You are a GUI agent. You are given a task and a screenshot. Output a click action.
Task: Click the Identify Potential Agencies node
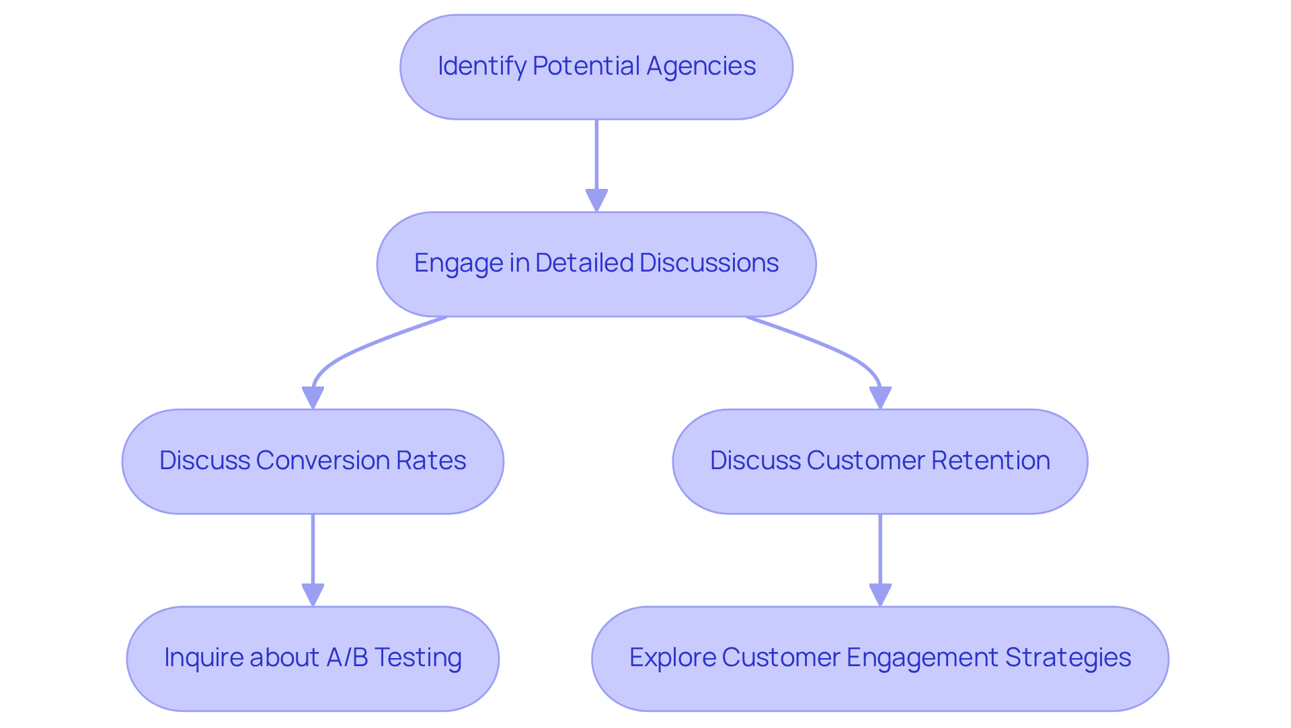(x=596, y=67)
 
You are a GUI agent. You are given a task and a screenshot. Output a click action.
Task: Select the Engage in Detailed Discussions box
(x=596, y=264)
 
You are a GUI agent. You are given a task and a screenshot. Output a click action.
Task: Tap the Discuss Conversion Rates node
(x=313, y=462)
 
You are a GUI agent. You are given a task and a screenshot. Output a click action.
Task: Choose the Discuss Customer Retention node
(x=880, y=462)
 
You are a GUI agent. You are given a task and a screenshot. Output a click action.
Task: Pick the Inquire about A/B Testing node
(x=313, y=659)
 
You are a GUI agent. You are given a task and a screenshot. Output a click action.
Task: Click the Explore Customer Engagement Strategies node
(x=880, y=659)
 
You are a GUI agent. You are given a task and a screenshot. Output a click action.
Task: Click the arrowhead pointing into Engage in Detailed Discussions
(x=596, y=200)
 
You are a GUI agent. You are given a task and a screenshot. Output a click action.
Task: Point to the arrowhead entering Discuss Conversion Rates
(x=313, y=397)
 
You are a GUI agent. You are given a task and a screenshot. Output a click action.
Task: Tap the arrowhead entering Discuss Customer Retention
(x=880, y=397)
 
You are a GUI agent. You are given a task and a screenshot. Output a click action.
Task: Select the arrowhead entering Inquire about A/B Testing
(x=313, y=595)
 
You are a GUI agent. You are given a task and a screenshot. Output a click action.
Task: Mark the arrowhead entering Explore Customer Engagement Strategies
(x=880, y=595)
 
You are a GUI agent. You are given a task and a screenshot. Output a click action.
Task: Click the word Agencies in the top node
(x=701, y=67)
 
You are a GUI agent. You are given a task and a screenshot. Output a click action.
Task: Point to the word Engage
(x=459, y=264)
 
